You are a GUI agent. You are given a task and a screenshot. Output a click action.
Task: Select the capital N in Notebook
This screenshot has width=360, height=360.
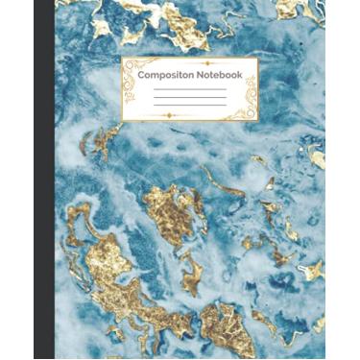[200, 74]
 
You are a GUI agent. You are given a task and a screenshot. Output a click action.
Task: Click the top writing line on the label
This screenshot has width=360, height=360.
[189, 89]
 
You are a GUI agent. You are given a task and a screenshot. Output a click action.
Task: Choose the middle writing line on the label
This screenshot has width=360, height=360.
[189, 98]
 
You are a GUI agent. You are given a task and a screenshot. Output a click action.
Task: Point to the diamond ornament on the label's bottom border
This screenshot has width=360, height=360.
[169, 116]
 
